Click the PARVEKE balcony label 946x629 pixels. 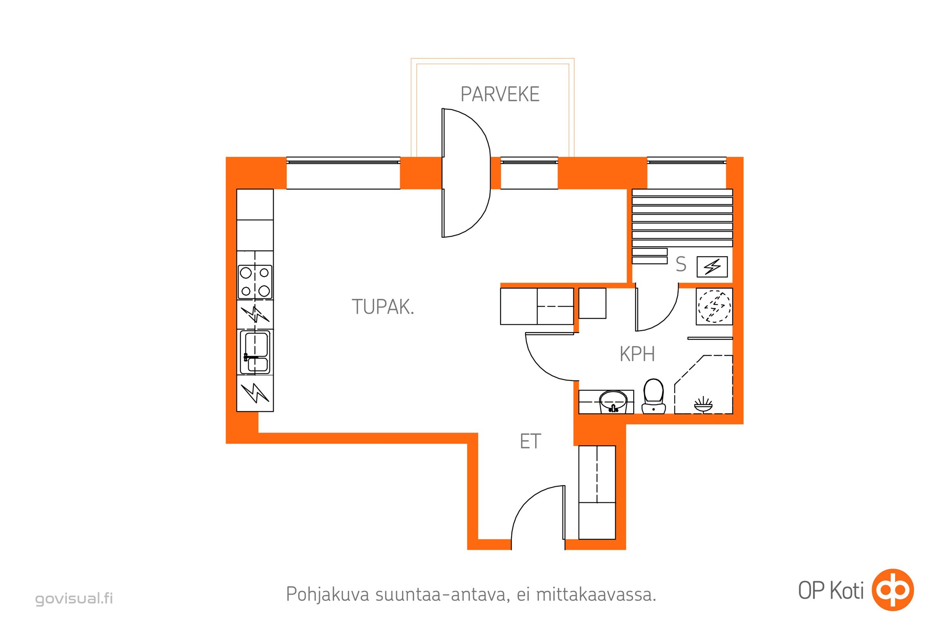(500, 94)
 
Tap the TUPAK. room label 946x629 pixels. (383, 307)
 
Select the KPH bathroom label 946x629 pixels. (637, 354)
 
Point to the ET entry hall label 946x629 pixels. (530, 441)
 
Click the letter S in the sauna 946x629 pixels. (681, 264)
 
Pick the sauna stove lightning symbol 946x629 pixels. (712, 267)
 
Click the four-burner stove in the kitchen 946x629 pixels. (255, 281)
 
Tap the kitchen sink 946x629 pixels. (255, 352)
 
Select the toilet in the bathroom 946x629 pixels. (653, 396)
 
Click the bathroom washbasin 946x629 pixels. (613, 402)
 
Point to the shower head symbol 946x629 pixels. (704, 405)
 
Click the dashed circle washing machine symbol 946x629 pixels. (714, 307)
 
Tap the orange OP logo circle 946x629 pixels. (893, 590)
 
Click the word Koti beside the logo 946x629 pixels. (847, 591)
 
